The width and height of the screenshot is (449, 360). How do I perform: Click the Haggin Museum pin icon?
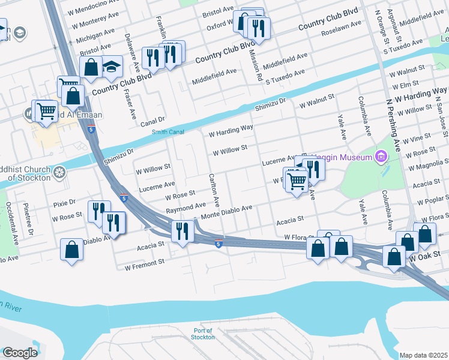[x=379, y=157]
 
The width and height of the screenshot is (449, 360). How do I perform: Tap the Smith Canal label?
[x=167, y=132]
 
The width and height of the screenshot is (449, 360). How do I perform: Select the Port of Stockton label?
[x=204, y=334]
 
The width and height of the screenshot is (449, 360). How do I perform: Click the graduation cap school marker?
[x=112, y=67]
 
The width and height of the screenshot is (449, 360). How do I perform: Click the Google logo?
[x=20, y=352]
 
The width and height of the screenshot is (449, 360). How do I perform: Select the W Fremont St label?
[x=144, y=263]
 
